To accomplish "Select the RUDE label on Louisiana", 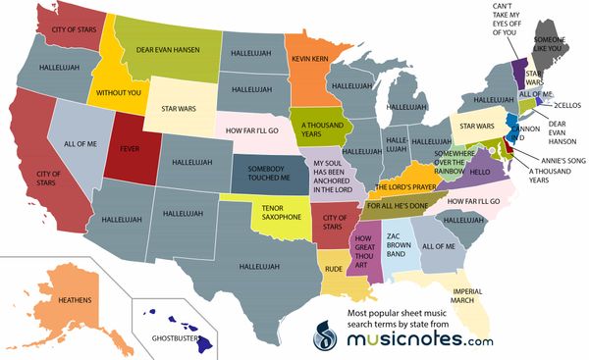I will (x=333, y=266).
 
